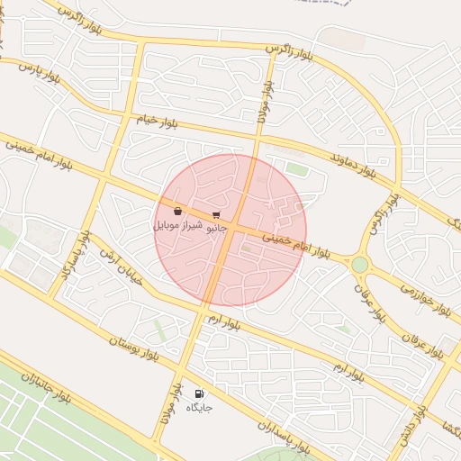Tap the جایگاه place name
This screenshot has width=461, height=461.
click(199, 408)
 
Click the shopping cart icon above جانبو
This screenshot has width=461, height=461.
click(216, 215)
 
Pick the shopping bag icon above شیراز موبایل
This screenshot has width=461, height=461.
click(178, 211)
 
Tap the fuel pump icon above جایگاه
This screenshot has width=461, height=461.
click(199, 393)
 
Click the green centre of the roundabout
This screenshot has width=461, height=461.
click(360, 265)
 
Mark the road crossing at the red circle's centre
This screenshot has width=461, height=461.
click(230, 230)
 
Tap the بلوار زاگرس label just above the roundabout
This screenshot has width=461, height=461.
click(380, 217)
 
